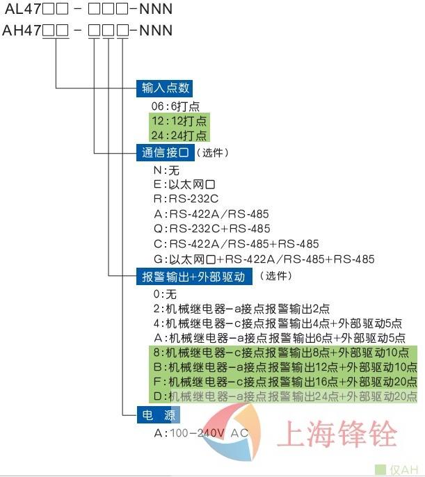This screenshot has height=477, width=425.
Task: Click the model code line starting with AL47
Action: [87, 10]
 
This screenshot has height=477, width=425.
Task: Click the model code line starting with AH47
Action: [87, 31]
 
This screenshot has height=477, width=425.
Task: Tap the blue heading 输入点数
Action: [164, 88]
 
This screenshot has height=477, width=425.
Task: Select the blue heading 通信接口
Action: [164, 152]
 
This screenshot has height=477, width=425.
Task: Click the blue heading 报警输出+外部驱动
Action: [193, 277]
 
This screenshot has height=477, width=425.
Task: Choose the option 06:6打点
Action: [175, 106]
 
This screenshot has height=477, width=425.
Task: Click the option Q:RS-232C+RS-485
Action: [212, 229]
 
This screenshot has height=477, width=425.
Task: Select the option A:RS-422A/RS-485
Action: [211, 214]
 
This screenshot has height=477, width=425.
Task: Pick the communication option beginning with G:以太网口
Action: [264, 259]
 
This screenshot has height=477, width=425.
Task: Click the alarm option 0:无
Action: [166, 294]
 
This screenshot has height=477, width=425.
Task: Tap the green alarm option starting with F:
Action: [285, 382]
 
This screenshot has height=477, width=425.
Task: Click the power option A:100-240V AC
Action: [201, 433]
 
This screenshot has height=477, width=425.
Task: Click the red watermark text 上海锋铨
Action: [337, 434]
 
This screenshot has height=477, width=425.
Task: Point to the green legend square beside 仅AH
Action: [380, 469]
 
